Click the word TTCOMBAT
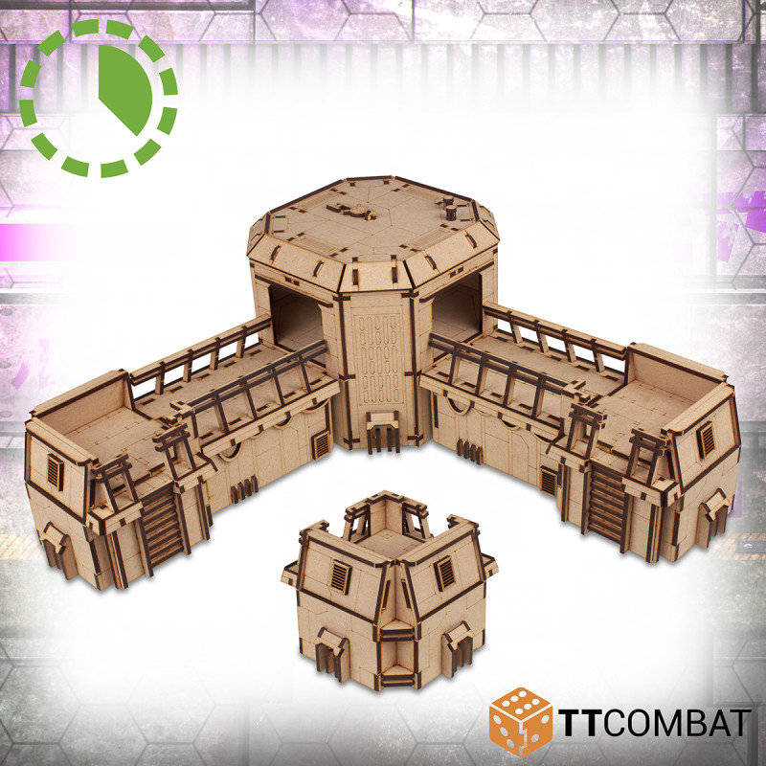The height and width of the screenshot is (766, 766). coord(655,722)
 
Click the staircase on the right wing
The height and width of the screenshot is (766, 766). coord(607,504)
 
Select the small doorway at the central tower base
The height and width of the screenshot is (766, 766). coord(383,432)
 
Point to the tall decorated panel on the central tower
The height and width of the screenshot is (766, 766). coord(379,359)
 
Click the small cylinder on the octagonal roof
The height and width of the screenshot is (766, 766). coord(450,212)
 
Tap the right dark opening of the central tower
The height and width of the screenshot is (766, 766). coord(457,307)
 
